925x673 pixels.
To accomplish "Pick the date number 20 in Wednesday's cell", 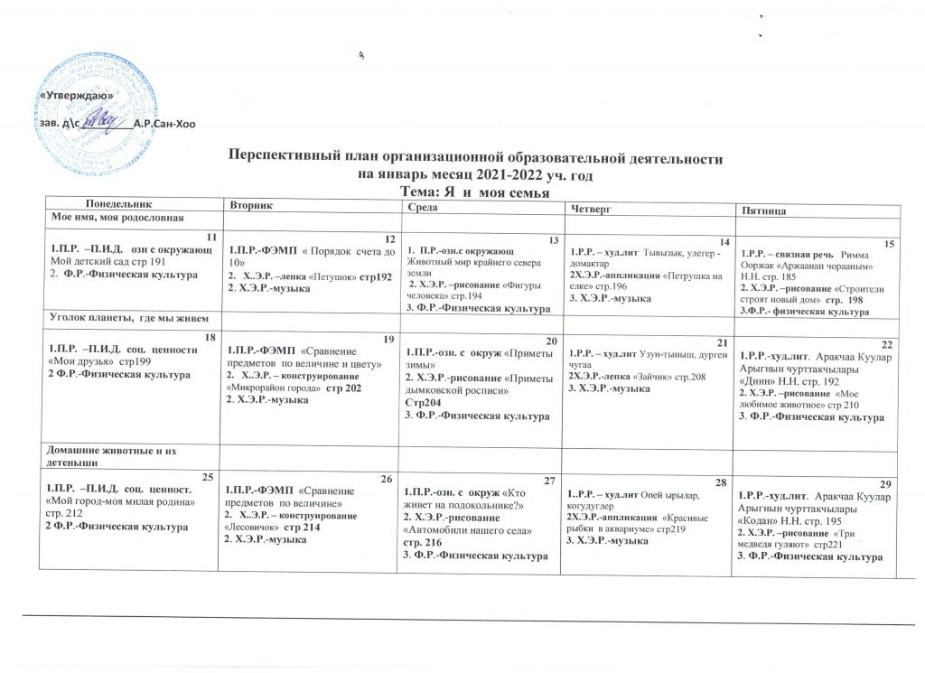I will click(x=554, y=339).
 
